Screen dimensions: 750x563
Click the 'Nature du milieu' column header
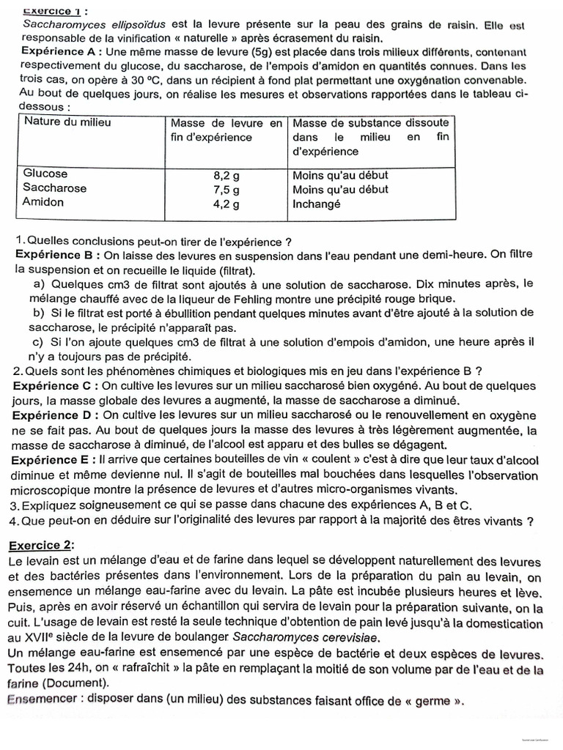pyautogui.click(x=67, y=122)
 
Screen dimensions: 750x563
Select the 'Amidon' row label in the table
pyautogui.click(x=43, y=202)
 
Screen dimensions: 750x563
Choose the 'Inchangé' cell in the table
pyautogui.click(x=317, y=204)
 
